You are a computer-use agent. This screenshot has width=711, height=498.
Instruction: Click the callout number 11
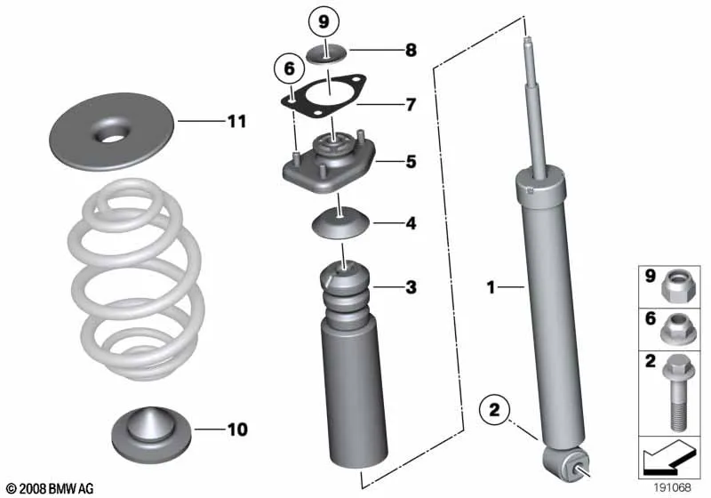pyautogui.click(x=236, y=122)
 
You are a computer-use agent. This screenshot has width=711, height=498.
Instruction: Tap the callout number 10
pyautogui.click(x=237, y=430)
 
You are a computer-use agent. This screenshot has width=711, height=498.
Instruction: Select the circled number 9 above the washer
pyautogui.click(x=324, y=21)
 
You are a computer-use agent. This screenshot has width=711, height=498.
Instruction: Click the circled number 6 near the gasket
pyautogui.click(x=290, y=69)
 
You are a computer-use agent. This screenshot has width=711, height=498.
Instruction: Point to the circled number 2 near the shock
pyautogui.click(x=494, y=410)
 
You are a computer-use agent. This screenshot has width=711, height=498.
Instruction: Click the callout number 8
pyautogui.click(x=411, y=50)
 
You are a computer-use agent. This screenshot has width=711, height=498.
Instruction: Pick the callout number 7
pyautogui.click(x=411, y=105)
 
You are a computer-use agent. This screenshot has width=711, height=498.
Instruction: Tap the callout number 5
pyautogui.click(x=411, y=162)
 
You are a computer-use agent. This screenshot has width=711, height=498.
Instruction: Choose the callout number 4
pyautogui.click(x=411, y=223)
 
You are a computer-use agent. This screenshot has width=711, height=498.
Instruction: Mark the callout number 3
pyautogui.click(x=411, y=287)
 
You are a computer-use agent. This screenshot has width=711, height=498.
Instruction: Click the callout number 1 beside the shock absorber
pyautogui.click(x=491, y=287)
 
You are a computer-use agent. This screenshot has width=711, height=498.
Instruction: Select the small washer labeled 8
pyautogui.click(x=326, y=54)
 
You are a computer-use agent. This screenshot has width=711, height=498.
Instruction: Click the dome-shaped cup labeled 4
pyautogui.click(x=340, y=222)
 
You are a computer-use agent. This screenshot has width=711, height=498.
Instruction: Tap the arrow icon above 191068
pyautogui.click(x=669, y=458)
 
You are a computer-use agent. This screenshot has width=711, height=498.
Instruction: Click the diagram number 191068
pyautogui.click(x=672, y=487)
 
